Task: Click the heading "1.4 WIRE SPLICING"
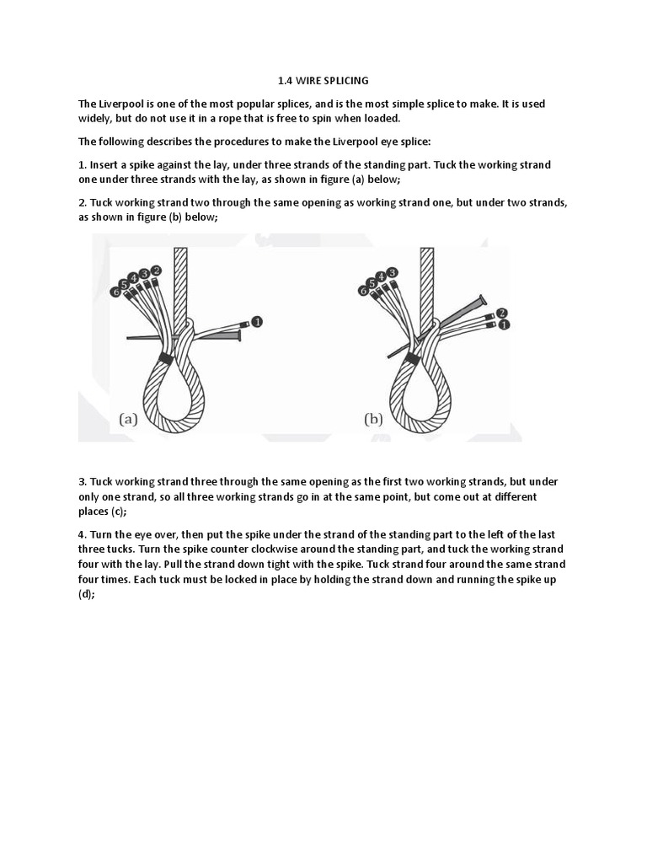(323, 81)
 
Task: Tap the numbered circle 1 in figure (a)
(257, 322)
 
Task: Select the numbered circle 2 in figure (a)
(156, 270)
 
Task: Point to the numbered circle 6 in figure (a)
(115, 292)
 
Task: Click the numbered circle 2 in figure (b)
(501, 313)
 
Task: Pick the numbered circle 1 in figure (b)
(504, 325)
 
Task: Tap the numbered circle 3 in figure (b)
(393, 272)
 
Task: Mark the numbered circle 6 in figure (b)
(363, 291)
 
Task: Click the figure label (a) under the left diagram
(128, 419)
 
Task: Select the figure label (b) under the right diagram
(374, 419)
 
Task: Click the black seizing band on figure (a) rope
(164, 359)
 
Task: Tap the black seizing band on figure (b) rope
(412, 359)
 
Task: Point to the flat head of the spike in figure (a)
(239, 336)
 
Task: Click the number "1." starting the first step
(83, 165)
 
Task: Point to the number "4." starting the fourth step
(83, 535)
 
